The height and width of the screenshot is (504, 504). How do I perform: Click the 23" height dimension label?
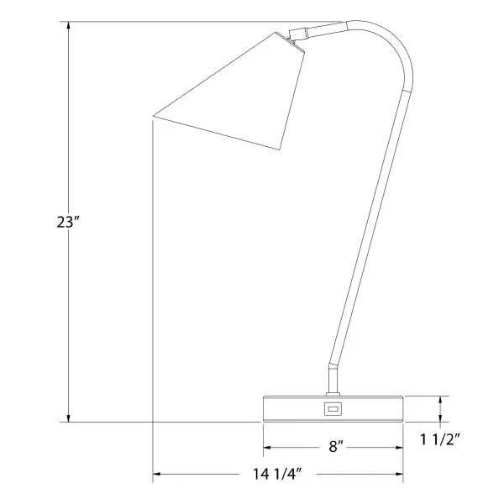click(x=67, y=222)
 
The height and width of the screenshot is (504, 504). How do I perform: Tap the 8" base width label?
click(x=336, y=446)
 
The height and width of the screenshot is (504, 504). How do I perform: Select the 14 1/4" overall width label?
click(x=277, y=474)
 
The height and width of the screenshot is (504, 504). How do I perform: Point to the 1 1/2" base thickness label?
click(x=440, y=439)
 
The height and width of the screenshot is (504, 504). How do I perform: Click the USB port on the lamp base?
click(x=333, y=409)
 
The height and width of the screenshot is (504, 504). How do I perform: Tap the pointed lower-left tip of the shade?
click(x=154, y=116)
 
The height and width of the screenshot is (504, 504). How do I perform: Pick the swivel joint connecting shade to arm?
click(x=297, y=34)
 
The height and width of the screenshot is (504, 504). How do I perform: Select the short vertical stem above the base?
click(x=333, y=379)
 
